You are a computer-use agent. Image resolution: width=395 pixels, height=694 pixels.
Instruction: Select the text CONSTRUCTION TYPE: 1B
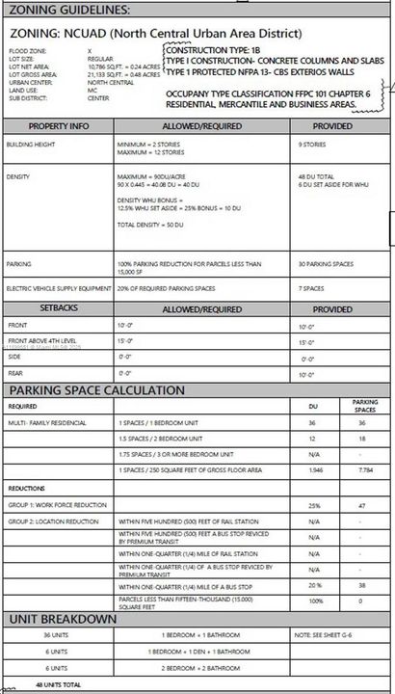tap(214, 48)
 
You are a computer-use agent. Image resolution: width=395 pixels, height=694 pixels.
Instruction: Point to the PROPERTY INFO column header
tap(60, 126)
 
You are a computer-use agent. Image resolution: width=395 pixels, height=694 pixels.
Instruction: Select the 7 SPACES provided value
tap(311, 288)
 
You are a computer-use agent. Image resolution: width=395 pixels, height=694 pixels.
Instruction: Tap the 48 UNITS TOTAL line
tap(59, 684)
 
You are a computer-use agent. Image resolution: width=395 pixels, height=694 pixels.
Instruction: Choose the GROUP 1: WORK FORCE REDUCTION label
tap(57, 504)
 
